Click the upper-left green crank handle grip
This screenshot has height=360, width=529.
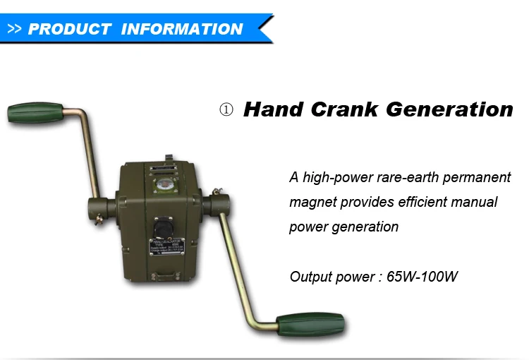point(36,112)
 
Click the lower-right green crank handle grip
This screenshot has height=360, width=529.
point(310,325)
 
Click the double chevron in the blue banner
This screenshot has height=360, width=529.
point(14,30)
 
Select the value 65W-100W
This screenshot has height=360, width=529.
point(422,276)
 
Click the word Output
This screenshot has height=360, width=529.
point(311,276)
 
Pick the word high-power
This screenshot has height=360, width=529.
point(332,177)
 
